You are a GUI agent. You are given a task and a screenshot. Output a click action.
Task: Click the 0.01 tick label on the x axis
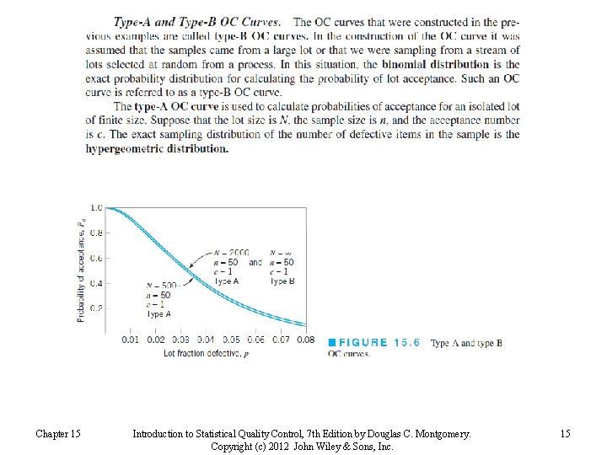[x=130, y=340]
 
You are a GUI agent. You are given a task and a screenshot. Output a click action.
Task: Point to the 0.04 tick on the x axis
[x=205, y=340]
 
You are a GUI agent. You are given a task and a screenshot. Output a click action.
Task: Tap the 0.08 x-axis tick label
[x=304, y=340]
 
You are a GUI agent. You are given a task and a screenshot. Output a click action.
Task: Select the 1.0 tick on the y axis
[x=96, y=207]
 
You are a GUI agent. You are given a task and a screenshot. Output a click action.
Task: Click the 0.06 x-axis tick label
[x=255, y=340]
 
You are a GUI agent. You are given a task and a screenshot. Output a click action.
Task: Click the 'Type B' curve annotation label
[x=282, y=281]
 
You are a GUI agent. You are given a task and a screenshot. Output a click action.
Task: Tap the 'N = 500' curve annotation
[x=161, y=286]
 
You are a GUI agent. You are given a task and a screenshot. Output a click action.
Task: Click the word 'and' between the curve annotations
[x=255, y=262]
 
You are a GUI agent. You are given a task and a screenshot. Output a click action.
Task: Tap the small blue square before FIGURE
[x=332, y=343]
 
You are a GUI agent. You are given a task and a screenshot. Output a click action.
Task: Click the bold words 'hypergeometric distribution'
[x=157, y=149]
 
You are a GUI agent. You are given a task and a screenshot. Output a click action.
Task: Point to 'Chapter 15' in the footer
[x=58, y=434]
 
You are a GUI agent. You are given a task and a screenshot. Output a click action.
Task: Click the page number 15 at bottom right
[x=564, y=434]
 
